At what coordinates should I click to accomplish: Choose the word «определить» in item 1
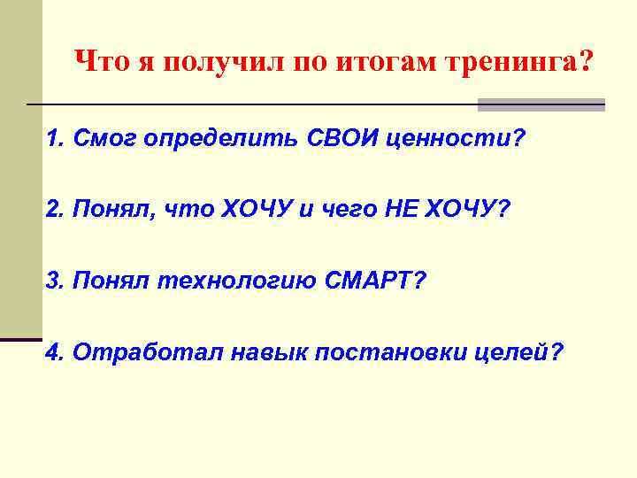[x=222, y=139]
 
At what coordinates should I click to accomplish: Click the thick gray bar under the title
[x=541, y=104]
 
